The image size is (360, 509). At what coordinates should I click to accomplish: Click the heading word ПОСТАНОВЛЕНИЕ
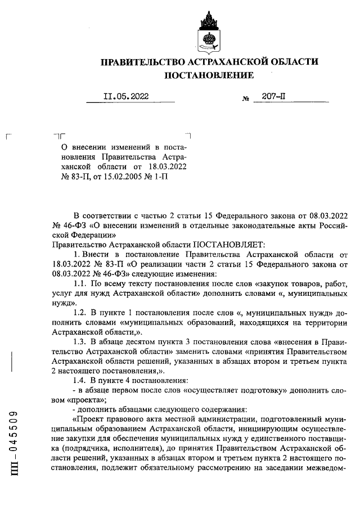[209, 75]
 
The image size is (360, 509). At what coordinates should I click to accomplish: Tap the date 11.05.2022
[125, 96]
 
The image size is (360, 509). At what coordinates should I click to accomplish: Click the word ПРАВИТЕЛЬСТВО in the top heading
[139, 61]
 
